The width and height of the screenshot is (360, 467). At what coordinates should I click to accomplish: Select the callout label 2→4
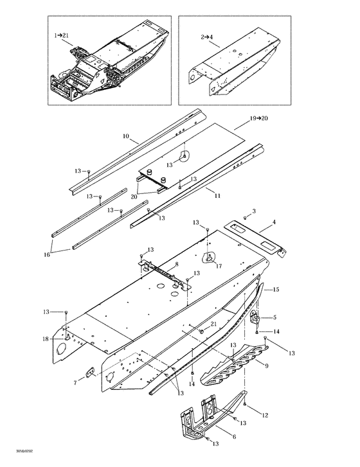point(209,38)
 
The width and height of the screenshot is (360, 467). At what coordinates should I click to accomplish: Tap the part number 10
point(126,137)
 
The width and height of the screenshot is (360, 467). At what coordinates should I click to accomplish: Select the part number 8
point(177,265)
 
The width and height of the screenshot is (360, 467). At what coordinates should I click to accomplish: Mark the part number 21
point(213,325)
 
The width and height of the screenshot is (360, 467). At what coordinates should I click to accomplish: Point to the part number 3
point(254,211)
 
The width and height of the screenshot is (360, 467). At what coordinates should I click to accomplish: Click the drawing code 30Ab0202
point(12,460)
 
